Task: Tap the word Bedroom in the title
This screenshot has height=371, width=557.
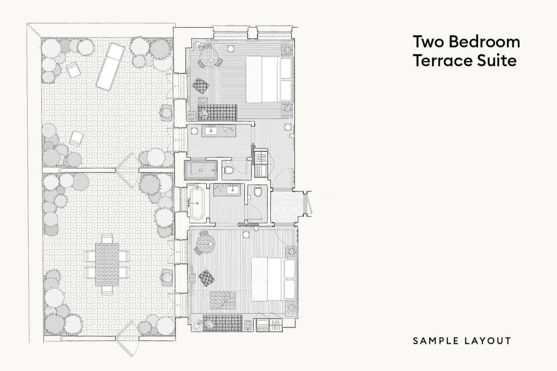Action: tap(485, 41)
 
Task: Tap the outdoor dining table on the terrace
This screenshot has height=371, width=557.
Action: tap(107, 264)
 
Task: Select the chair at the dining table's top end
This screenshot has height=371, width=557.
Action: tap(107, 238)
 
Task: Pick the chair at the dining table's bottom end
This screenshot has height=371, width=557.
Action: tap(107, 290)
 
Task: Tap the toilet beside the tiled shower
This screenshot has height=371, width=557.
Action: tap(228, 170)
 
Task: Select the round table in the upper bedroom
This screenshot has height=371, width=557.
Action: tap(208, 55)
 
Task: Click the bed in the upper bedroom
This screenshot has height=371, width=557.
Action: tap(269, 79)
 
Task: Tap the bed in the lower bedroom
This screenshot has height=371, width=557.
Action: tap(274, 279)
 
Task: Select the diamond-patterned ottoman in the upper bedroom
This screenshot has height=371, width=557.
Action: tap(200, 85)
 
